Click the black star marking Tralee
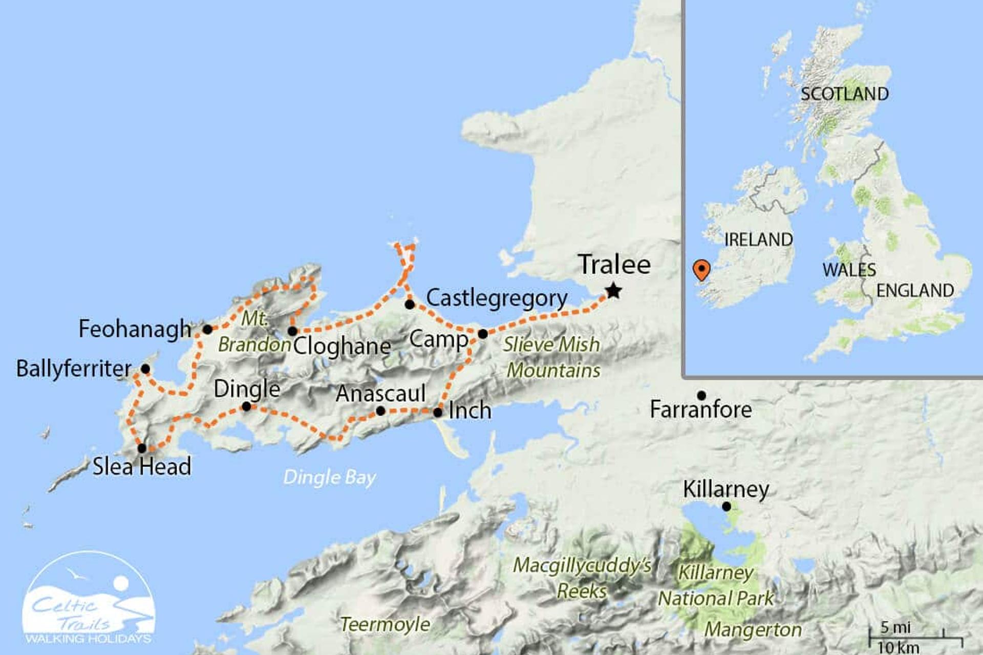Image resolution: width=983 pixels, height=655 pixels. pyautogui.click(x=613, y=292)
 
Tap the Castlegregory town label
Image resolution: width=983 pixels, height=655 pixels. pyautogui.click(x=497, y=298)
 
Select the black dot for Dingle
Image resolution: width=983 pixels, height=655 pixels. pyautogui.click(x=246, y=407)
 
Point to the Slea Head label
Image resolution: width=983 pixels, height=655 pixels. pyautogui.click(x=142, y=467)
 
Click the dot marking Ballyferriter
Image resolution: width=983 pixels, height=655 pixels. pyautogui.click(x=145, y=369)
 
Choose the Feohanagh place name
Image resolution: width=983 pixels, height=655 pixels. pyautogui.click(x=135, y=329)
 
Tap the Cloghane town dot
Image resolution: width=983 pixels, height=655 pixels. pyautogui.click(x=292, y=332)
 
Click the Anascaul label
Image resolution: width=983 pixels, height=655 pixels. pyautogui.click(x=380, y=394)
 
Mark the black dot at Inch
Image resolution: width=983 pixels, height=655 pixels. pyautogui.click(x=438, y=412)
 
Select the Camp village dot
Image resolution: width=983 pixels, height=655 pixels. pyautogui.click(x=483, y=334)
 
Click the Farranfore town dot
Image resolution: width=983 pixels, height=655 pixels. pyautogui.click(x=701, y=396)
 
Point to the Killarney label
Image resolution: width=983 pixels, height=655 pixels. pyautogui.click(x=725, y=489)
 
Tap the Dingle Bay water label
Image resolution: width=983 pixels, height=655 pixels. pyautogui.click(x=330, y=477)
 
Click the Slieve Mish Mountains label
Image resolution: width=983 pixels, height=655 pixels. pyautogui.click(x=552, y=357)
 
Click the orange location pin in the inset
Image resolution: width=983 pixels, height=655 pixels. pyautogui.click(x=701, y=270)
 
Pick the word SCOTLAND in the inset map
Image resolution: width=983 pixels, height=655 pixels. pyautogui.click(x=844, y=94)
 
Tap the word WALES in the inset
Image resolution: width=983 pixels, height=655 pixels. pyautogui.click(x=849, y=270)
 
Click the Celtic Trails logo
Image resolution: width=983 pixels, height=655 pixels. pyautogui.click(x=89, y=599)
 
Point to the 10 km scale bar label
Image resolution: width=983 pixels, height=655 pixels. pyautogui.click(x=898, y=647)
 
